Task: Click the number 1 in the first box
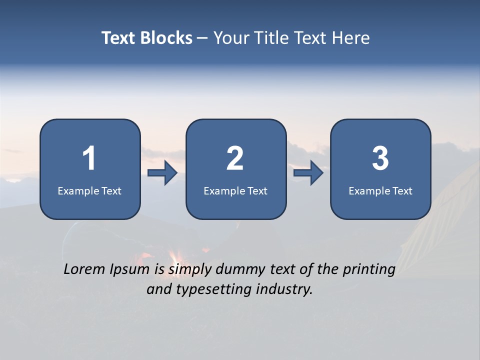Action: point(89,159)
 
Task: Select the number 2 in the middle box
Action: point(235,159)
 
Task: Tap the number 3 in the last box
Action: point(380,159)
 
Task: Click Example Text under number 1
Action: point(89,191)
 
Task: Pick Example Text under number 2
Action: point(235,191)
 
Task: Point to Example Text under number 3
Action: point(380,191)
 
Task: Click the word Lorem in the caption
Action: point(85,269)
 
